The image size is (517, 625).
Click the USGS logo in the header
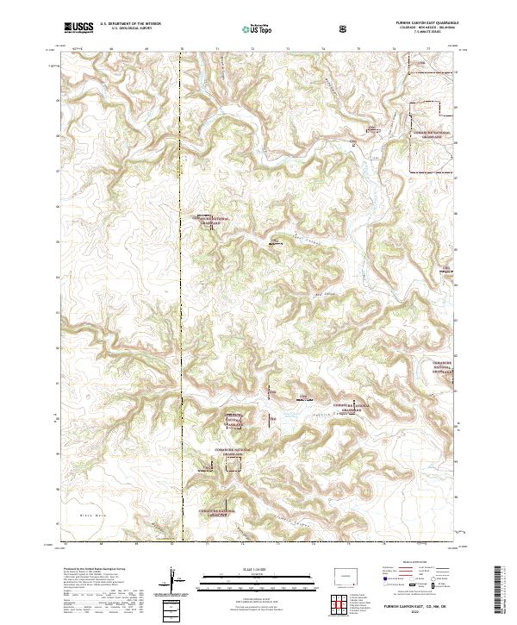[x=79, y=28]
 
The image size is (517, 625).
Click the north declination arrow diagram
[x=173, y=579]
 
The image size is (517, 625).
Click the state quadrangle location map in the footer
[x=348, y=575]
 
